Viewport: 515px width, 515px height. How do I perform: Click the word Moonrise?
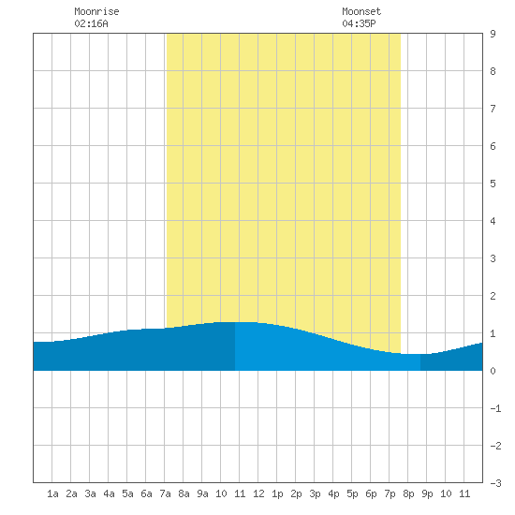click(96, 11)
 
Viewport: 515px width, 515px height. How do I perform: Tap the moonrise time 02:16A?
click(91, 23)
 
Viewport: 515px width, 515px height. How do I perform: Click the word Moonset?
click(361, 11)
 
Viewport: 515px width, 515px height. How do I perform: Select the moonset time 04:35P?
click(359, 23)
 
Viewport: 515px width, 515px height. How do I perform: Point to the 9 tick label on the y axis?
click(493, 34)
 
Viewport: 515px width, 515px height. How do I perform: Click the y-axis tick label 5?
click(493, 184)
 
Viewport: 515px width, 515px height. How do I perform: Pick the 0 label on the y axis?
click(493, 371)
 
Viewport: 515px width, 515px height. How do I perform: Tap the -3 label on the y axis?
click(495, 483)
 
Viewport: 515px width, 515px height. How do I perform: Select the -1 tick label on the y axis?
click(495, 408)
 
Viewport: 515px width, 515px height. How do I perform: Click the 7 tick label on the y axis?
click(493, 109)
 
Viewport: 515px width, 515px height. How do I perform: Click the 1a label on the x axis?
click(52, 493)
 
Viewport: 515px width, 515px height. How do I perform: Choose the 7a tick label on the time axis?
click(165, 493)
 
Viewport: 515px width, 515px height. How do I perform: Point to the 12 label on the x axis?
click(258, 493)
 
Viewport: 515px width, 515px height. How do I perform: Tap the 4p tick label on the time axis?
click(333, 493)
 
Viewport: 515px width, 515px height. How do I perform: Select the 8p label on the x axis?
click(408, 493)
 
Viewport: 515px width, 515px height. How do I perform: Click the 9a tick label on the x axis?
click(202, 493)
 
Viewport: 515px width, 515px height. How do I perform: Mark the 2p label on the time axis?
click(296, 493)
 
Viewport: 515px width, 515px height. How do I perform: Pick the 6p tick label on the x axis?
click(371, 493)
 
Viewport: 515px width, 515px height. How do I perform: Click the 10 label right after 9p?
click(446, 493)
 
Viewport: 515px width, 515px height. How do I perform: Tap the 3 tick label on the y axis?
click(493, 258)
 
